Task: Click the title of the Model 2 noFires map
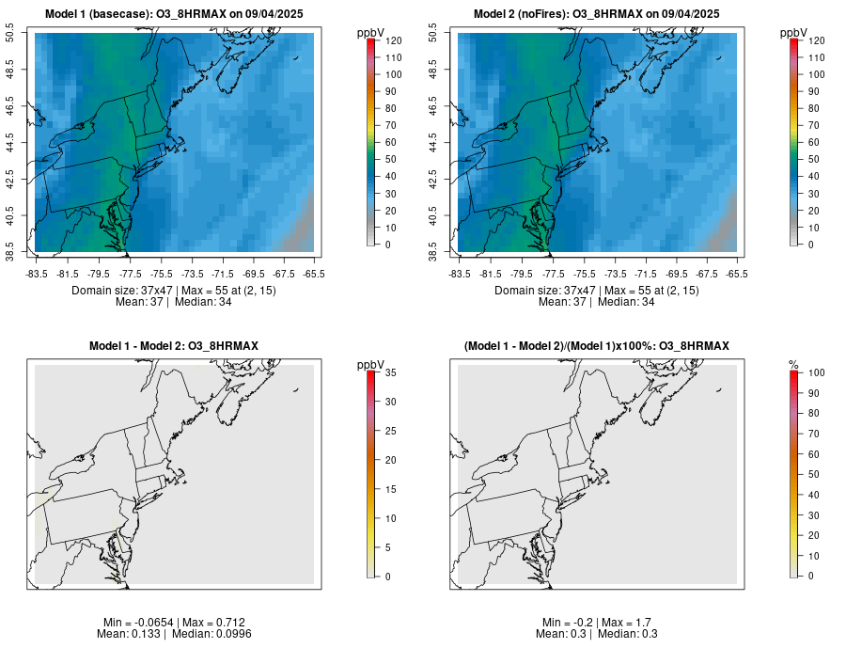[x=596, y=13]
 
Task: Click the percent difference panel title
[x=596, y=346]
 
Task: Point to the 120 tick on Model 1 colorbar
[x=389, y=40]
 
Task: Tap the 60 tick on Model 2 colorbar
[x=811, y=142]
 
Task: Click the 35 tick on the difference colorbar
[x=387, y=372]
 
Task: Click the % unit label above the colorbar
[x=793, y=364]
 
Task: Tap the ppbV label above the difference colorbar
[x=370, y=364]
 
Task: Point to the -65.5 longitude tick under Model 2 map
[x=736, y=274]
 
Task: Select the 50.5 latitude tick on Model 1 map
[x=12, y=34]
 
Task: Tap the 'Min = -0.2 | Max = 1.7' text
[x=596, y=623]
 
